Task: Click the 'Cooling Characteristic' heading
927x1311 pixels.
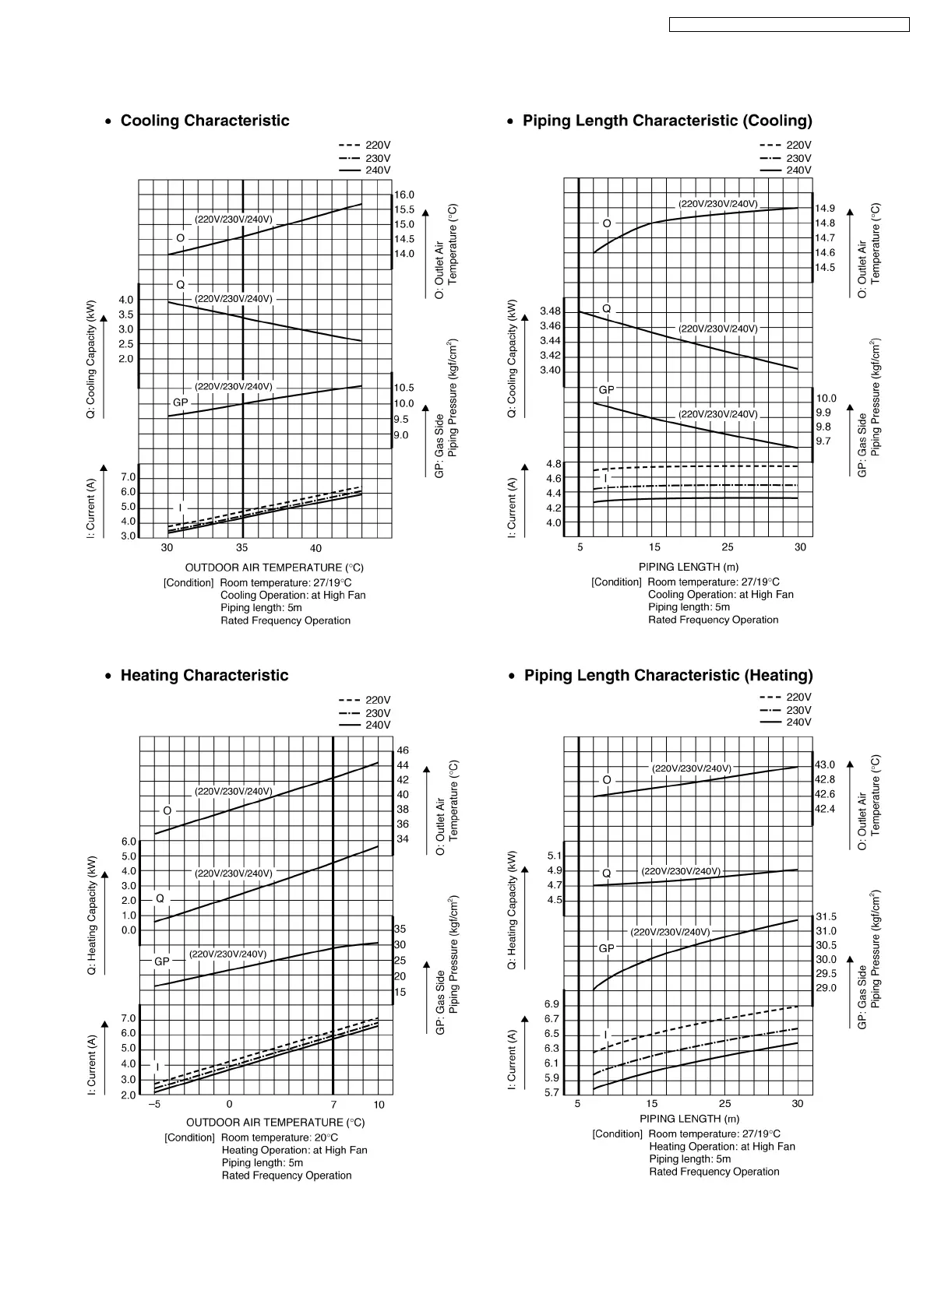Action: coord(204,121)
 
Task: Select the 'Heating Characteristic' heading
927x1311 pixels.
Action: coord(204,676)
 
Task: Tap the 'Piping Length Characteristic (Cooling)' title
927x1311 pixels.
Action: coord(667,121)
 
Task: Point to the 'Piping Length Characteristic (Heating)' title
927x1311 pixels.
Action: coord(668,676)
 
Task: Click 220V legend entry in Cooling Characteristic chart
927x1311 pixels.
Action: coord(365,146)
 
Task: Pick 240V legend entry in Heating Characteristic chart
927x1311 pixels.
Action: coord(365,725)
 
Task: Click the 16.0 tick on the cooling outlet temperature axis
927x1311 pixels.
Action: coord(404,195)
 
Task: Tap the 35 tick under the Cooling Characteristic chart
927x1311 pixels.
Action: coord(242,548)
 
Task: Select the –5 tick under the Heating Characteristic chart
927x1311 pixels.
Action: coord(154,1104)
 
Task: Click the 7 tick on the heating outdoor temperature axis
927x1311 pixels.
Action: coord(333,1104)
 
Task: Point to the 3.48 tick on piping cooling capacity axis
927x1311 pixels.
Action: coord(550,311)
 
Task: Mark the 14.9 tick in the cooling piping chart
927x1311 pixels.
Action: coord(825,209)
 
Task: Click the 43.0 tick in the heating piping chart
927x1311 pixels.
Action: coord(825,765)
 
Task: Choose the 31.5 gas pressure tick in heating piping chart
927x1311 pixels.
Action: coord(826,917)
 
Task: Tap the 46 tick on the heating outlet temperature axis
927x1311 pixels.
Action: coord(403,750)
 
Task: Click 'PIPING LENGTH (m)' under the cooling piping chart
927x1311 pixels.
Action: coord(689,567)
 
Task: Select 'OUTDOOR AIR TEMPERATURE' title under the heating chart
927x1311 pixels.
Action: coord(275,1122)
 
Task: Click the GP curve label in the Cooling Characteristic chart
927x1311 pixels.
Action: coord(180,402)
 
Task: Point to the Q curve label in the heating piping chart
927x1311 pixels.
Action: coord(607,873)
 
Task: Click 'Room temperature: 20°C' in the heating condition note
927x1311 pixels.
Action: coord(280,1137)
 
